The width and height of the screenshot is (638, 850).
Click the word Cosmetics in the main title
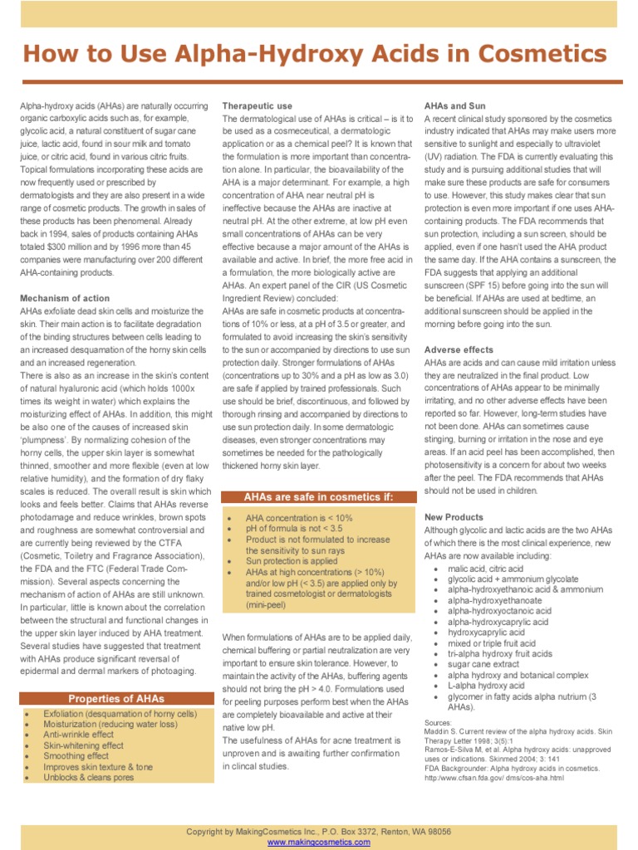pyautogui.click(x=545, y=56)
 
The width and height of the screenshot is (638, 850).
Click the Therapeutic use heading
pyautogui.click(x=257, y=106)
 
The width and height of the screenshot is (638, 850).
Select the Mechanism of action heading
pyautogui.click(x=65, y=297)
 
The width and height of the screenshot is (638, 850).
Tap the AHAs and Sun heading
pyautogui.click(x=455, y=106)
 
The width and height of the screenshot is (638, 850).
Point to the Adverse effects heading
pyautogui.click(x=459, y=349)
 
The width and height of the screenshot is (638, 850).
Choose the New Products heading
pyautogui.click(x=454, y=517)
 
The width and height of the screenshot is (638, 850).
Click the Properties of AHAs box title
pyautogui.click(x=116, y=699)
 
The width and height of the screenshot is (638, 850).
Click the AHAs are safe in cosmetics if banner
pyautogui.click(x=318, y=497)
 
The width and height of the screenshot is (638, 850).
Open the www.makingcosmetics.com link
pyautogui.click(x=319, y=842)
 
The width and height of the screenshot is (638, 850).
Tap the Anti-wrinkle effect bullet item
pyautogui.click(x=79, y=735)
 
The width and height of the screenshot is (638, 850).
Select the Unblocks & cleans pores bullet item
pyautogui.click(x=89, y=778)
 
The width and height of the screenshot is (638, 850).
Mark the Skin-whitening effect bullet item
pyautogui.click(x=84, y=745)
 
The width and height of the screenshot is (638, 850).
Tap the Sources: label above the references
pyautogui.click(x=438, y=723)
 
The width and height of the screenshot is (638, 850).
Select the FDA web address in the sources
pyautogui.click(x=493, y=778)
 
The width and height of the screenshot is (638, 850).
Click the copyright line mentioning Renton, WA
pyautogui.click(x=319, y=831)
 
